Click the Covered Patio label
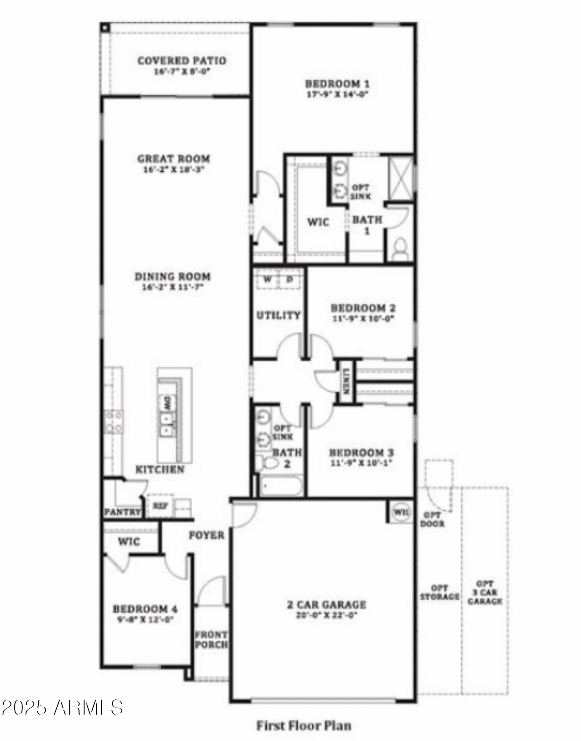[182, 61]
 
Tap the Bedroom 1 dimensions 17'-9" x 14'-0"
[337, 94]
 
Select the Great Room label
[173, 158]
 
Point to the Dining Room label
[173, 276]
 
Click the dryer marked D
[290, 279]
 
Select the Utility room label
[278, 315]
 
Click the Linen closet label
[346, 381]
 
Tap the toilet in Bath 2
[267, 462]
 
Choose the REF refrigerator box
[160, 506]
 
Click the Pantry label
[122, 512]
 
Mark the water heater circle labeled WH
[401, 512]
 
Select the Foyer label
[206, 535]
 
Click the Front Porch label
[211, 639]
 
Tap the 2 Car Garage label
[327, 605]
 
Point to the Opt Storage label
[439, 592]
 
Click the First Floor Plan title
[304, 725]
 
